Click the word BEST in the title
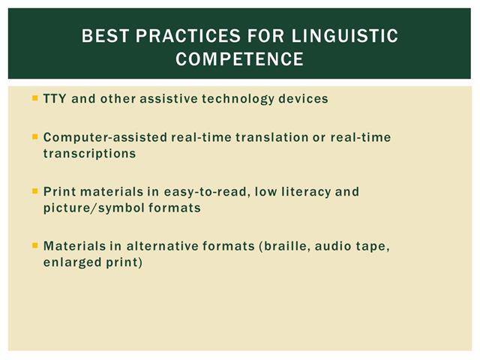click(105, 35)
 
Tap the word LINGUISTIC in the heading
click(345, 35)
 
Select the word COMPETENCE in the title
click(239, 58)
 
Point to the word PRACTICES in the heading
click(188, 35)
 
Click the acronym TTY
click(55, 98)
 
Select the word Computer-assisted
click(105, 137)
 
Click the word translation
click(271, 137)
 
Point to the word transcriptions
click(89, 154)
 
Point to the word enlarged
click(72, 262)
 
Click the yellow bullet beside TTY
click(35, 98)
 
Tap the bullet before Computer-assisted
click(35, 136)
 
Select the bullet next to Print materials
click(35, 191)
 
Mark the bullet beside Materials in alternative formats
click(35, 245)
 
